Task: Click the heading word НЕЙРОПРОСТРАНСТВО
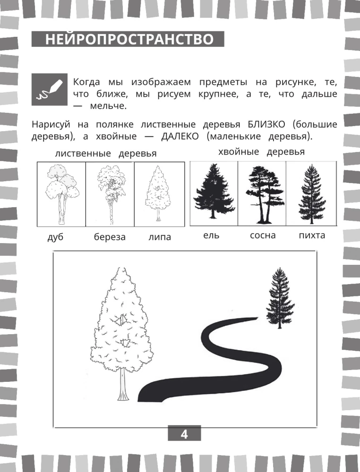(129, 40)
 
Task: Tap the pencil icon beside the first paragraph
(50, 89)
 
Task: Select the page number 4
(184, 434)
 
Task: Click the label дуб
(56, 237)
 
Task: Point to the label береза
(110, 237)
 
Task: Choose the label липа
(160, 237)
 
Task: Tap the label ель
(211, 235)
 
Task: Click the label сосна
(263, 235)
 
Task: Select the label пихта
(312, 235)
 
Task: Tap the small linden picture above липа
(158, 193)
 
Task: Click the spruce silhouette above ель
(214, 191)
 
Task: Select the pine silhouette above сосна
(264, 194)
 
